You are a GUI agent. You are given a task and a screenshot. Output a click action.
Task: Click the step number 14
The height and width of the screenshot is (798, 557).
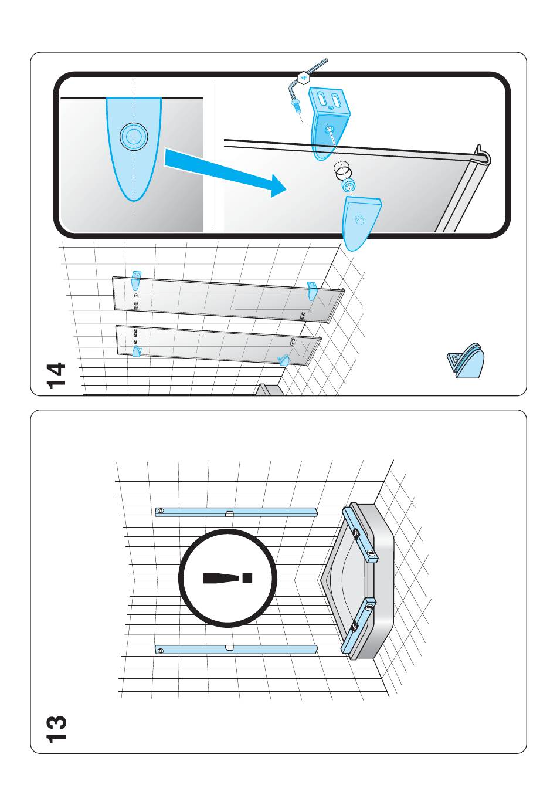[56, 376]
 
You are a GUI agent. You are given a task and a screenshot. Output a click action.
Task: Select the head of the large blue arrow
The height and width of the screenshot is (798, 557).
[277, 185]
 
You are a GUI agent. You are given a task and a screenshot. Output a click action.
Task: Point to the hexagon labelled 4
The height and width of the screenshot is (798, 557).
[304, 77]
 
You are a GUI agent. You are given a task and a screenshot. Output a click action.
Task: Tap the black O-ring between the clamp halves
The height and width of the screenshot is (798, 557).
[344, 171]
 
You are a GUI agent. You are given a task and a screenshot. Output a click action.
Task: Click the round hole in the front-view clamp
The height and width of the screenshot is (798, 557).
[134, 136]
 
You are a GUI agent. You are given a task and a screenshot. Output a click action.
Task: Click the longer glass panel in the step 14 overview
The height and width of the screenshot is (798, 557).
[227, 300]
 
